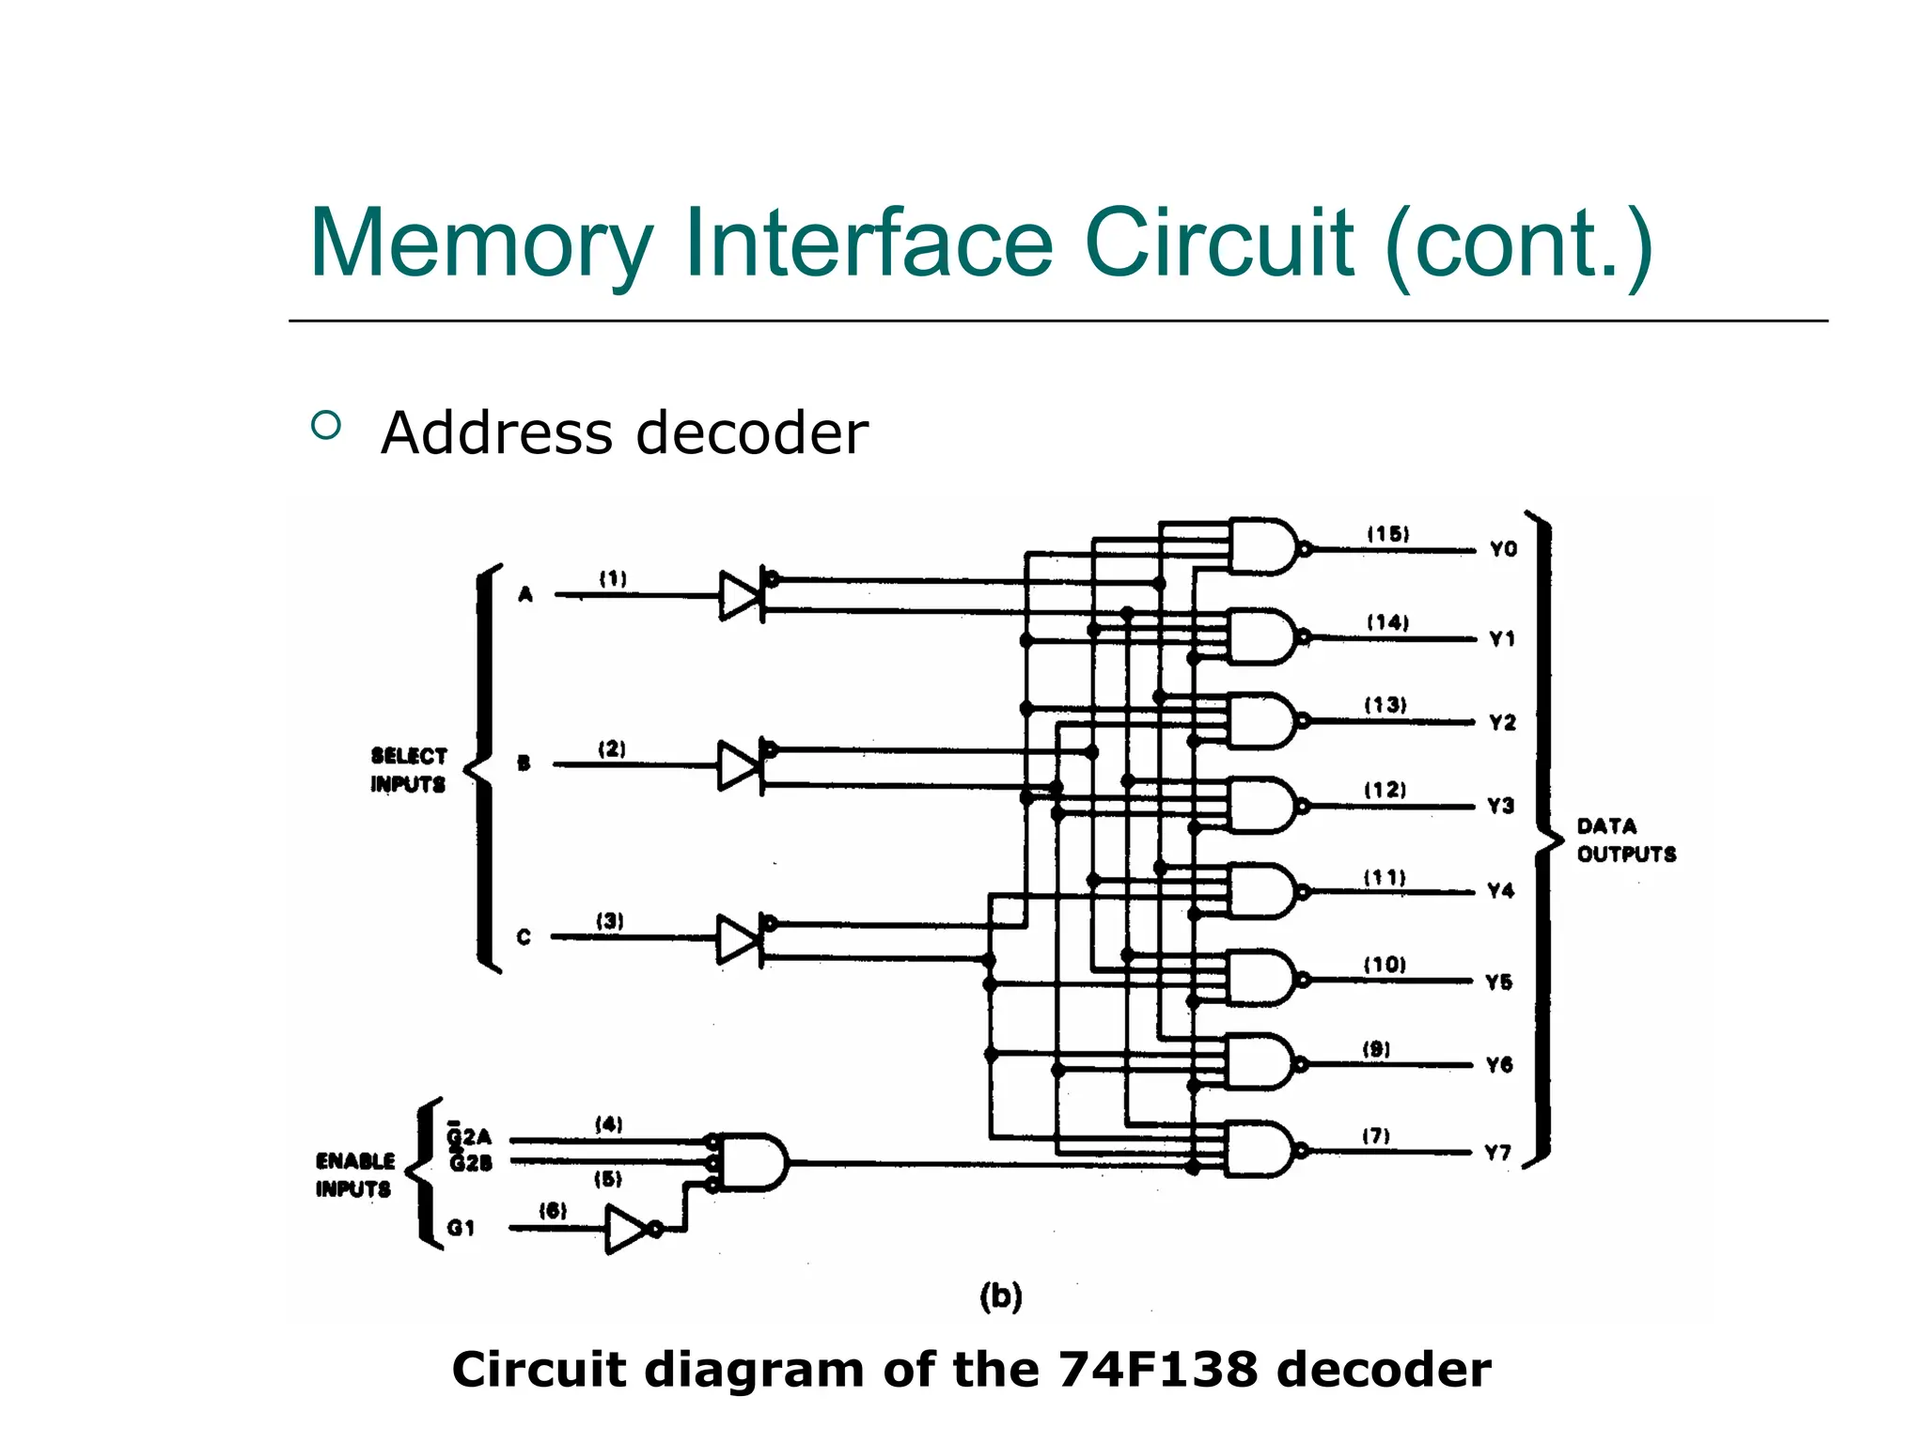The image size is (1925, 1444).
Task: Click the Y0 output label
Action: point(1503,549)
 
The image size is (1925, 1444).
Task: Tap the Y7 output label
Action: point(1497,1153)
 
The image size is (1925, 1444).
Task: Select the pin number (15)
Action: point(1387,534)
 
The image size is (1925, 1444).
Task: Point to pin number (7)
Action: point(1376,1136)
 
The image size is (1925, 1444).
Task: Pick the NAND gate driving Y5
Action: point(1260,979)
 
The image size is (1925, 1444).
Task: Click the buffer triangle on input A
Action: point(739,595)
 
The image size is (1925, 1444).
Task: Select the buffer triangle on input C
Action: point(737,938)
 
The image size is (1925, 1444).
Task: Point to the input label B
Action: point(524,763)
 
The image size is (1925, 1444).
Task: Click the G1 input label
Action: point(461,1228)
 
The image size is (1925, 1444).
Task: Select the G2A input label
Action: point(469,1138)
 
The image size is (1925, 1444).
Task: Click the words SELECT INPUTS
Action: point(408,770)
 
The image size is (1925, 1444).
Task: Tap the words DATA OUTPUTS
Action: point(1626,840)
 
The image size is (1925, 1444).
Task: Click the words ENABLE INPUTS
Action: point(354,1175)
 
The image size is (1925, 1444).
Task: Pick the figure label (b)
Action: point(1000,1296)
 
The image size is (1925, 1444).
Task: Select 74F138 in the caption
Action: point(1157,1370)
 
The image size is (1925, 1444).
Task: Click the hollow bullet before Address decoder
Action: point(325,426)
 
